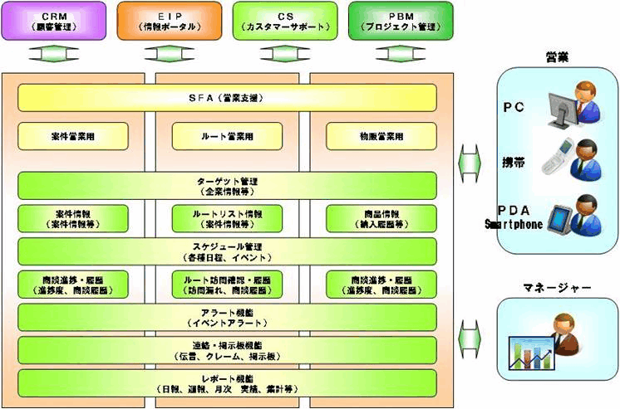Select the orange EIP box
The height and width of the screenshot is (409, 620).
(x=168, y=21)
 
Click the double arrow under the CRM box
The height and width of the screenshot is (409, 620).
(x=52, y=55)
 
